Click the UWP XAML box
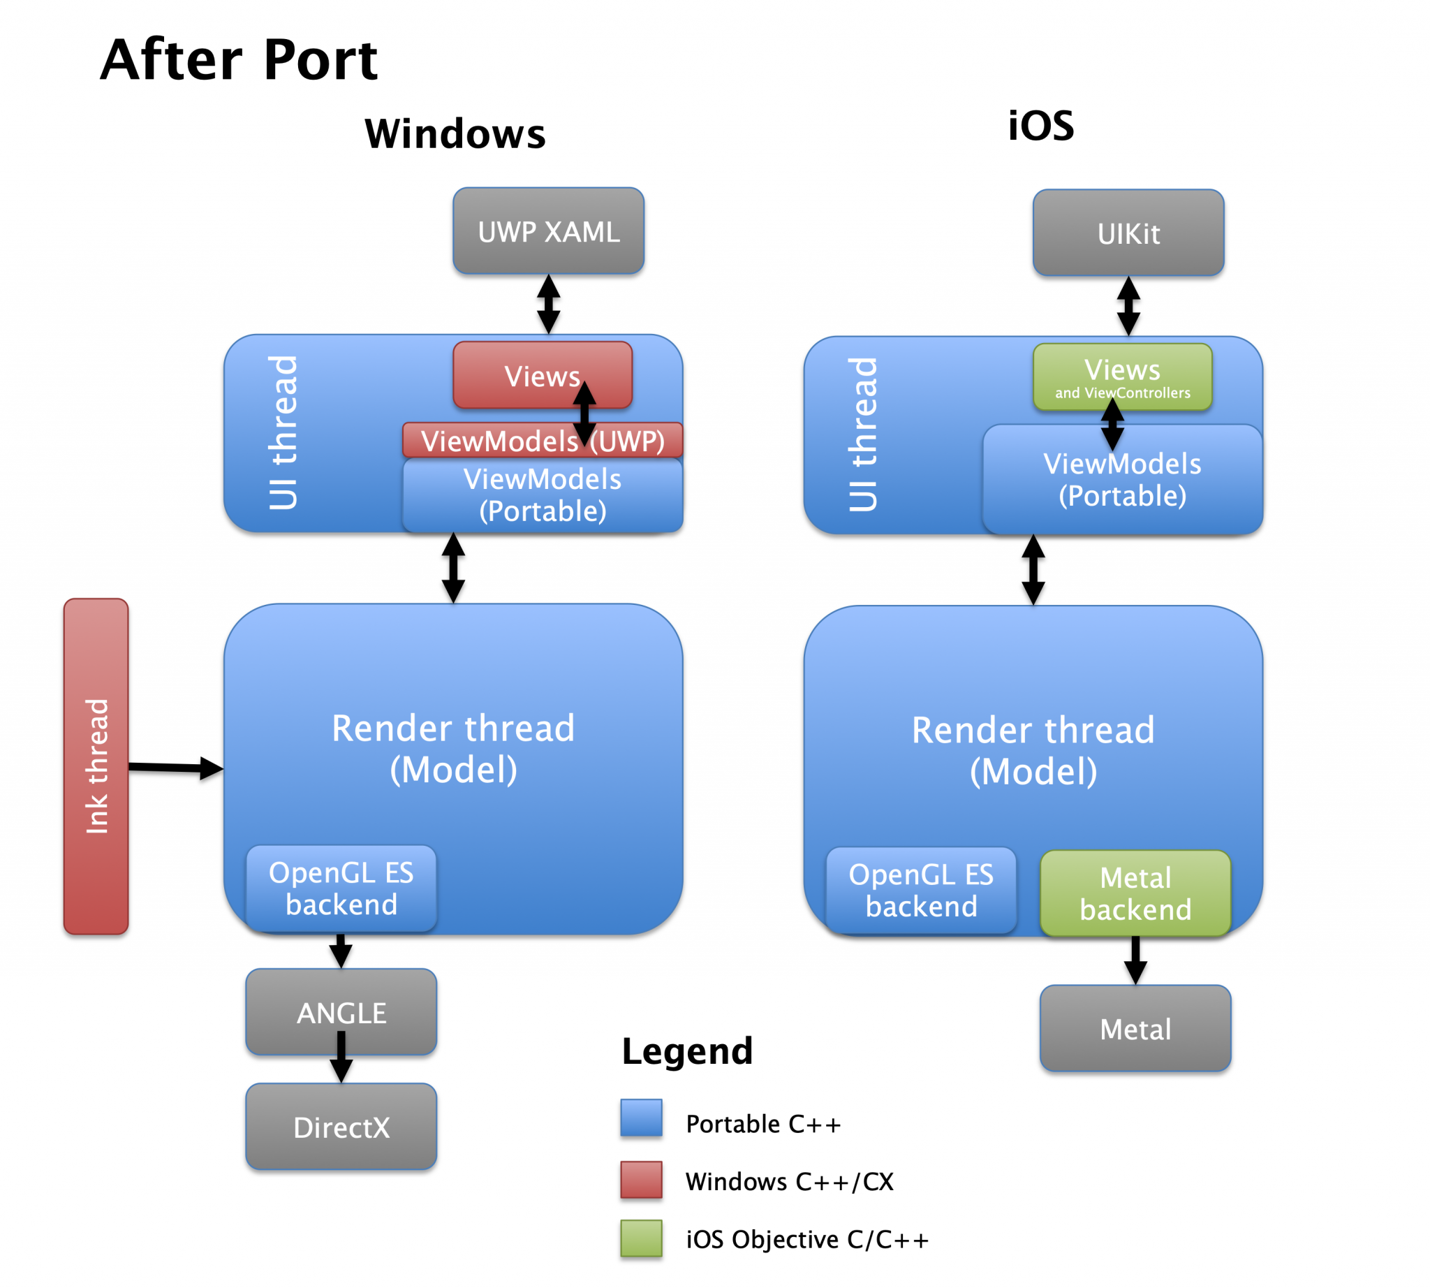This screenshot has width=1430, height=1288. (548, 230)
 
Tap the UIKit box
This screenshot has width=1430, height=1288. (1128, 233)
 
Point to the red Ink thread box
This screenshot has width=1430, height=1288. (96, 766)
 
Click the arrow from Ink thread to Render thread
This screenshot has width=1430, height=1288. (173, 767)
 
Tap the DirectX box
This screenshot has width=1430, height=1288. (341, 1127)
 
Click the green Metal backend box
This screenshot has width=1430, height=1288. (1135, 893)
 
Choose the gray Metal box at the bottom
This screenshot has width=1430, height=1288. (1135, 1028)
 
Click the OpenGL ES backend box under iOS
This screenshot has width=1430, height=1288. (920, 891)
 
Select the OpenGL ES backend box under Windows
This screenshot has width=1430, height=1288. (341, 888)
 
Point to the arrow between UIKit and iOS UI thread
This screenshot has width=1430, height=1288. (1128, 306)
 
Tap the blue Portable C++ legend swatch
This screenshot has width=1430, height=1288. (641, 1118)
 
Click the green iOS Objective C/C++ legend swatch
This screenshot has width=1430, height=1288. (641, 1238)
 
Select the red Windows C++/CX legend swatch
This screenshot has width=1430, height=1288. (641, 1179)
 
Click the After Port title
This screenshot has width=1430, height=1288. (239, 59)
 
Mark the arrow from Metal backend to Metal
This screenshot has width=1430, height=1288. (1135, 959)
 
